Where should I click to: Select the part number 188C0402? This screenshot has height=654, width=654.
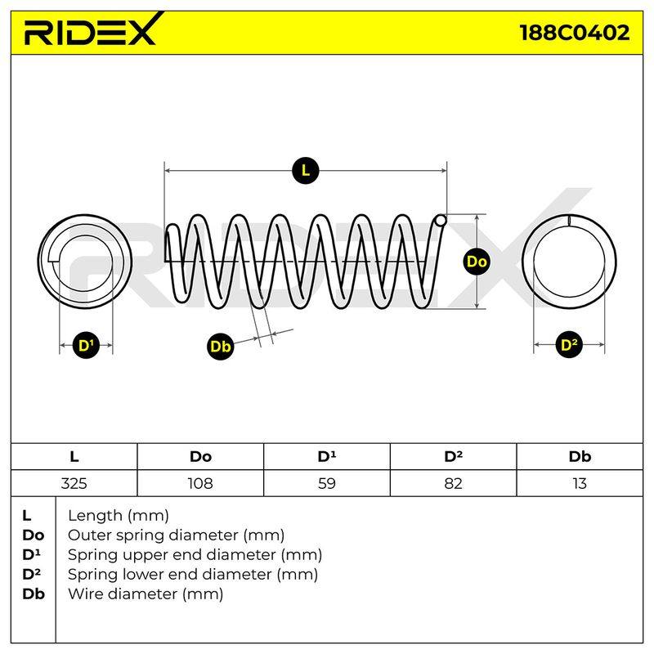click(575, 33)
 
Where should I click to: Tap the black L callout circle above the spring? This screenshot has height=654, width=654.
click(306, 171)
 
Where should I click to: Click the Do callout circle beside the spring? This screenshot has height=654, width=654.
click(477, 262)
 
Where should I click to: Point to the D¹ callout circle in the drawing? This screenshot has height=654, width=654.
click(86, 345)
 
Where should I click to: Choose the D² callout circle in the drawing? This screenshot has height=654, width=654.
click(569, 345)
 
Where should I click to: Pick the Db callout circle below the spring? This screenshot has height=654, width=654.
click(220, 346)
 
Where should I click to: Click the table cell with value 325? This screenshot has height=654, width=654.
click(74, 483)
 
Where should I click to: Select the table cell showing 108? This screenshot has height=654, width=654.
click(200, 483)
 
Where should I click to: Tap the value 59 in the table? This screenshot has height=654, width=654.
click(326, 483)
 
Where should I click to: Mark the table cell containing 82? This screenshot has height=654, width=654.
click(454, 483)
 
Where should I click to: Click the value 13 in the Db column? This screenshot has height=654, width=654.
click(580, 483)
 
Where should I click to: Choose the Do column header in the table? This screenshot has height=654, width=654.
click(200, 457)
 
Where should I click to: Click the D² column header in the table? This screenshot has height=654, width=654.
click(453, 456)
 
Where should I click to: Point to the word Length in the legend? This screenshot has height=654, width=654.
click(96, 516)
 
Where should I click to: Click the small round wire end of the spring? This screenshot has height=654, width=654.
click(441, 220)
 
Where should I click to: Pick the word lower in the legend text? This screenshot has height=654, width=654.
click(147, 575)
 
